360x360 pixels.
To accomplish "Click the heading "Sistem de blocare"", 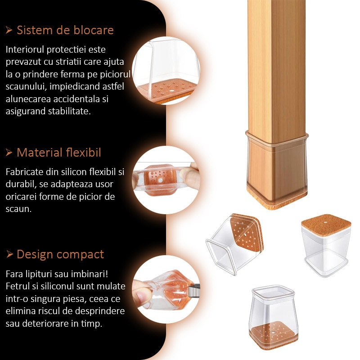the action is click(x=65, y=30).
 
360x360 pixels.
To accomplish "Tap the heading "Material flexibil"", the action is click(x=59, y=153).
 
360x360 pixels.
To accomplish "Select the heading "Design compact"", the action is click(x=60, y=255).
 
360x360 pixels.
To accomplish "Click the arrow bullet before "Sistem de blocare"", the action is click(x=9, y=30).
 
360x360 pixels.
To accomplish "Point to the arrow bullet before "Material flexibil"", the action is click(x=9, y=152).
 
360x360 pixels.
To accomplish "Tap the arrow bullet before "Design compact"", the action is click(x=9, y=254).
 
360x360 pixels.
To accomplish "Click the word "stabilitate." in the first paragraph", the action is click(x=69, y=111).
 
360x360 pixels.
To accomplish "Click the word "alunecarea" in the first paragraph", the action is click(x=28, y=99).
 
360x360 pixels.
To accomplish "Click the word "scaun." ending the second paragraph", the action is click(x=18, y=209).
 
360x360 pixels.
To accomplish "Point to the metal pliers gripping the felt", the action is click(x=193, y=290).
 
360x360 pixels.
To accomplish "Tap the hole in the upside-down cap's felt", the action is click(x=326, y=222).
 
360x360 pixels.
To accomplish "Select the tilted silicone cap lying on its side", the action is click(x=234, y=244).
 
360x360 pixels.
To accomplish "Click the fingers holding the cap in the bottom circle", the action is click(x=142, y=293).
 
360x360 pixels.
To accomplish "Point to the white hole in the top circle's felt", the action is click(x=171, y=91).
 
